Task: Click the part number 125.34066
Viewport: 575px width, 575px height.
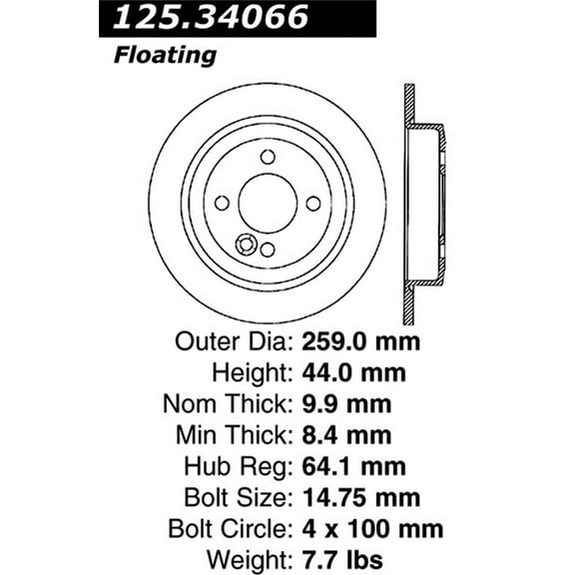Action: pos(213,17)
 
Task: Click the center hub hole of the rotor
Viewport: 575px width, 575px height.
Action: pos(268,203)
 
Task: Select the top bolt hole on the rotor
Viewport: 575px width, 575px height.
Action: pos(268,157)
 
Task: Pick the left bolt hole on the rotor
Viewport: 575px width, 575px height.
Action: pos(222,203)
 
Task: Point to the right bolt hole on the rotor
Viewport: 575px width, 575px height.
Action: pos(313,203)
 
